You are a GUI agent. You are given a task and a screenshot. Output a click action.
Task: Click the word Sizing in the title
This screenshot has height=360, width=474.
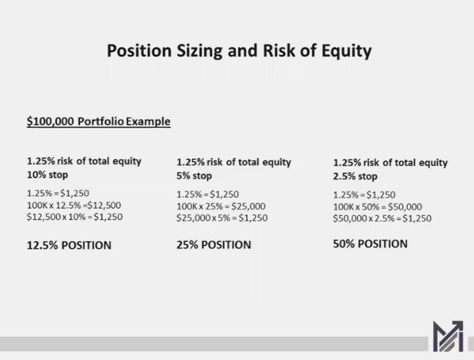(x=199, y=51)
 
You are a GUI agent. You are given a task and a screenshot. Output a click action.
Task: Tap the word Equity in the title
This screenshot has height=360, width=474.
(x=347, y=51)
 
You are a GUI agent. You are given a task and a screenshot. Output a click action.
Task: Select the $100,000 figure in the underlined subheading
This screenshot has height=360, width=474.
(x=50, y=121)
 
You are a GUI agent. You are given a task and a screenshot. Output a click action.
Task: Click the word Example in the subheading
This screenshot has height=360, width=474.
(x=148, y=121)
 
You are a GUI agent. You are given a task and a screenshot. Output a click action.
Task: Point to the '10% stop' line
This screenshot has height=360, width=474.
(x=48, y=175)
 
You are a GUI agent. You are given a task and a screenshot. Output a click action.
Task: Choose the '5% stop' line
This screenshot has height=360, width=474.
(x=194, y=176)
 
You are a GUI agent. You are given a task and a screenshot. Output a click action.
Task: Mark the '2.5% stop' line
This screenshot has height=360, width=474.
(x=355, y=176)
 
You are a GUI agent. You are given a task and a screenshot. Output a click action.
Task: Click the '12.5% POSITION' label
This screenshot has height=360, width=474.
(x=69, y=245)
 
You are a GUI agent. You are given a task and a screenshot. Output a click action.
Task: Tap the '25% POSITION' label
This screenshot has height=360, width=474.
(x=214, y=245)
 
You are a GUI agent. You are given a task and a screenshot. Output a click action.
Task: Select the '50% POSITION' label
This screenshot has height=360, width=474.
(x=370, y=244)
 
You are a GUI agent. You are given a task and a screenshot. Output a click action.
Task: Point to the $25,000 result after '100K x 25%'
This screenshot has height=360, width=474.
(x=248, y=206)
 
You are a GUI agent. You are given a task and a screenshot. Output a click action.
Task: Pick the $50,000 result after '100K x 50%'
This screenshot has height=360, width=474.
(x=405, y=207)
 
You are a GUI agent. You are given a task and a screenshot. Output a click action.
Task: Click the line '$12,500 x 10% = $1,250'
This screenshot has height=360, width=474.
(x=75, y=217)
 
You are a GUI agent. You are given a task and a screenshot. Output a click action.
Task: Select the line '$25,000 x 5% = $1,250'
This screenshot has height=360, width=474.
(x=222, y=218)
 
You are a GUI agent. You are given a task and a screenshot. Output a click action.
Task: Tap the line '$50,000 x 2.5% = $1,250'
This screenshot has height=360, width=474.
(x=382, y=219)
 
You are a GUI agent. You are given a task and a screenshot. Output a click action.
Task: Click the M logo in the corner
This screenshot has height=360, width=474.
(x=448, y=336)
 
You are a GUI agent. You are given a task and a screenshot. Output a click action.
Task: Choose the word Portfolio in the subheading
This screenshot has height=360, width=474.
(x=101, y=121)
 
